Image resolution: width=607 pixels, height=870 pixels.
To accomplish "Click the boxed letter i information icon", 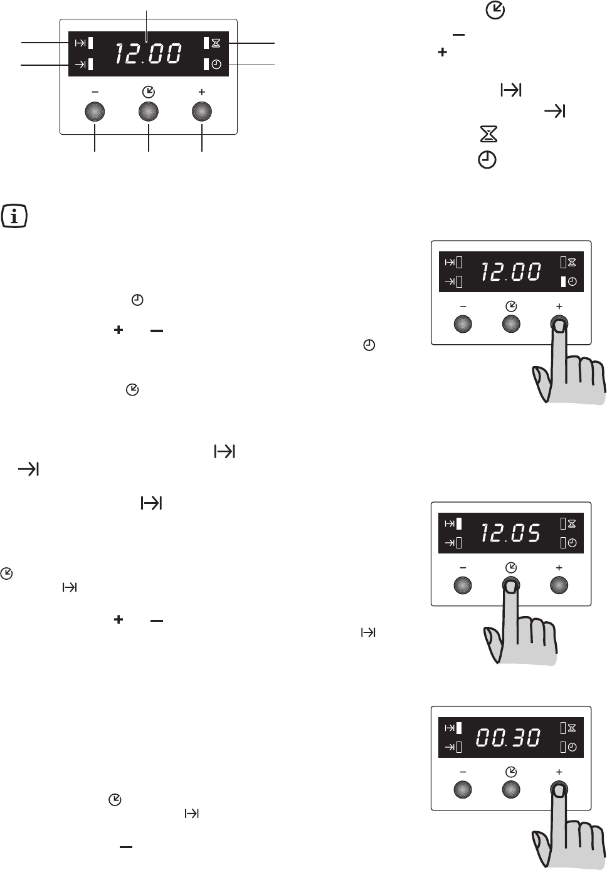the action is [x=14, y=216].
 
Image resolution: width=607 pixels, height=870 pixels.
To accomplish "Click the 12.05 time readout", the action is [x=510, y=533].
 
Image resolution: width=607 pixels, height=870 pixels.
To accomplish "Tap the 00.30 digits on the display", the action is [x=509, y=737].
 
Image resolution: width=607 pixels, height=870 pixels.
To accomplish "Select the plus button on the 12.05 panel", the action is [x=559, y=585].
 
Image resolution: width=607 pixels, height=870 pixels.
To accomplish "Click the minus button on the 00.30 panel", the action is [x=462, y=790].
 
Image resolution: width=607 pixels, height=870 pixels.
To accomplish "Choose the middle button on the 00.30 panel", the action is [x=511, y=790].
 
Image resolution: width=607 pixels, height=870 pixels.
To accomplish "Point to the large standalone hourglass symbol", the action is [x=488, y=134].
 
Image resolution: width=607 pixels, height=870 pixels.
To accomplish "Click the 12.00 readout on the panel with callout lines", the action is [x=148, y=54].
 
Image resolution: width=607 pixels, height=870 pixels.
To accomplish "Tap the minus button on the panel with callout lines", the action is [x=95, y=112].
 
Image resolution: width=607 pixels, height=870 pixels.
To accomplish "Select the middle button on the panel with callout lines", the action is [x=149, y=112].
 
